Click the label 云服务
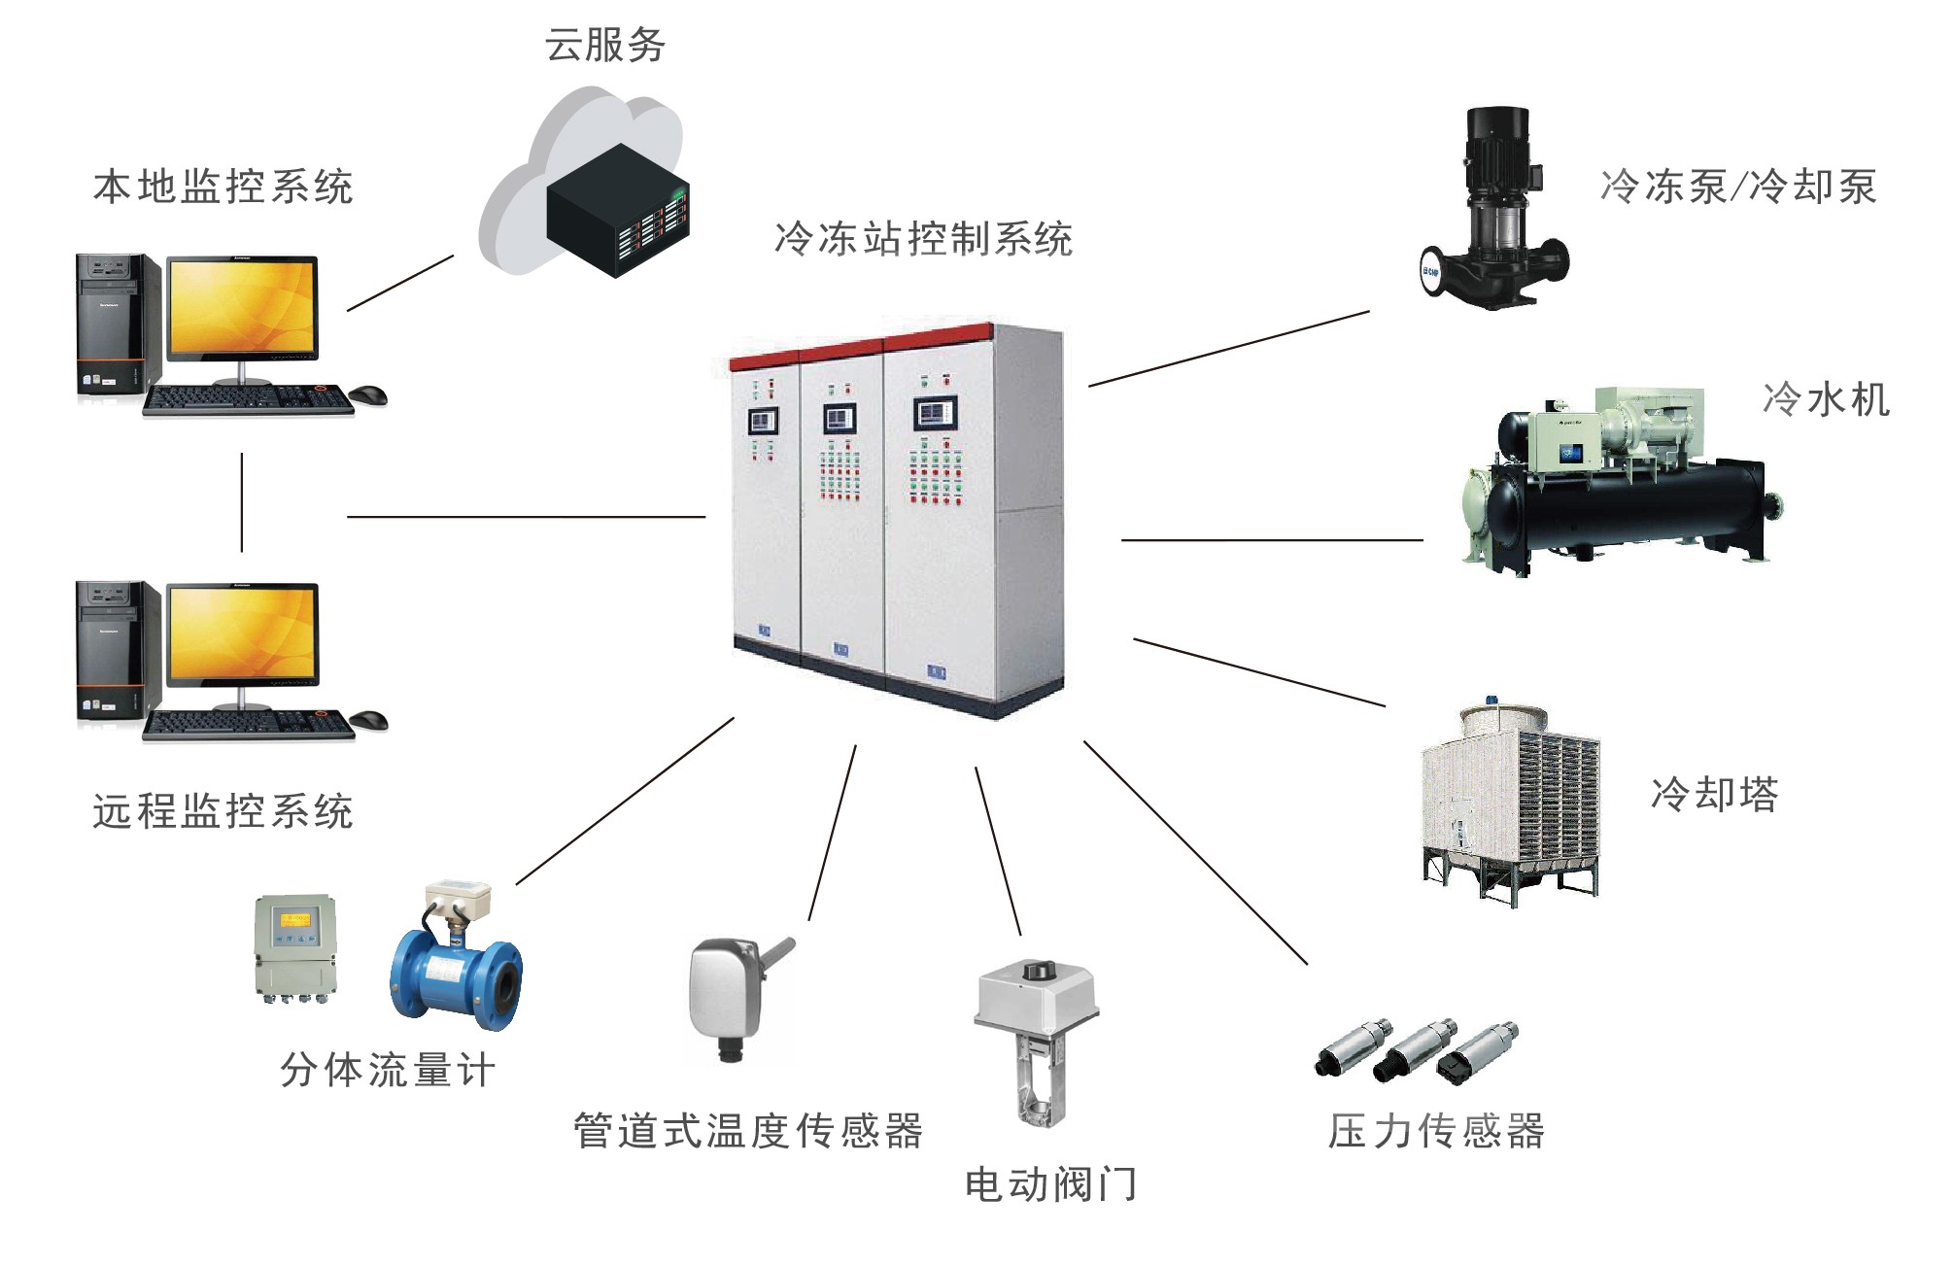[604, 46]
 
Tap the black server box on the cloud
[618, 210]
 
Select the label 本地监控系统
[223, 187]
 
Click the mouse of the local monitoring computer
[368, 394]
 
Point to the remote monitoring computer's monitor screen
[243, 632]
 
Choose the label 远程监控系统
[223, 811]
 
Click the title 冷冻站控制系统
[923, 239]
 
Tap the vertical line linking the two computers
[242, 502]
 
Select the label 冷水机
[1826, 399]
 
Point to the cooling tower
[1509, 802]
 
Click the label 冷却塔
[1714, 794]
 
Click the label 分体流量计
[388, 1071]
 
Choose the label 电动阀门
[1050, 1184]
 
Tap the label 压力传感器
[1436, 1131]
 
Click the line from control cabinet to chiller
[1272, 539]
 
